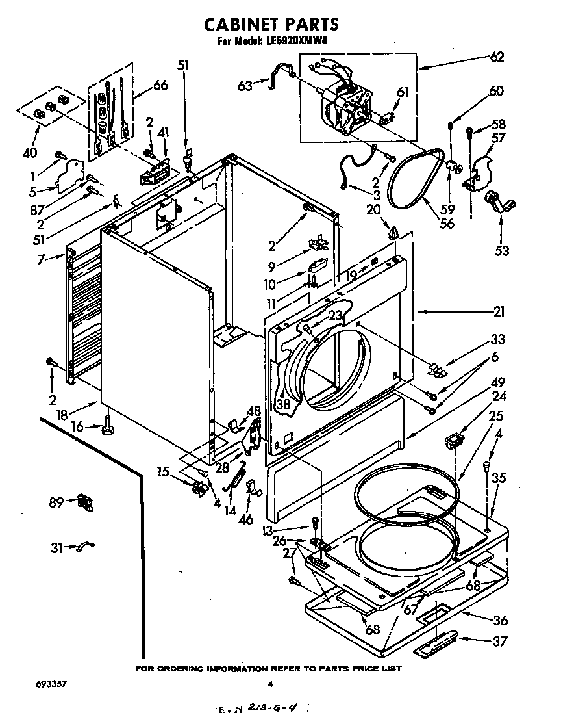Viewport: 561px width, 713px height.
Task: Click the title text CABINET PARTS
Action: pos(271,25)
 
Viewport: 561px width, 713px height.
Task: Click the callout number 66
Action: pos(160,84)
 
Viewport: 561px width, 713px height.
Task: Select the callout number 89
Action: pos(56,501)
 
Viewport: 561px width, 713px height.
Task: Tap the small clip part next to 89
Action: pos(85,502)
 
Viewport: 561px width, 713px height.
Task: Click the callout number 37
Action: pos(500,642)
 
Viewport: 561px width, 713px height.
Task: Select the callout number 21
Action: pos(498,313)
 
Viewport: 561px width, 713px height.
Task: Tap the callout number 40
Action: pos(30,153)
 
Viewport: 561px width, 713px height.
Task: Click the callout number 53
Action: pos(501,252)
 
